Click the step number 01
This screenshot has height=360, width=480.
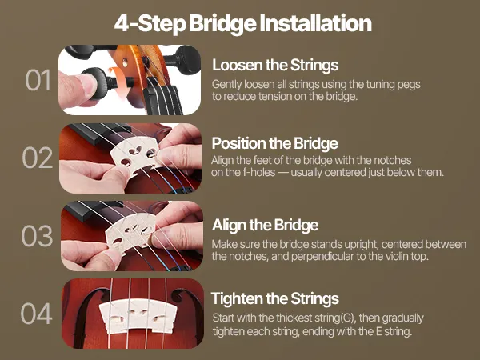pyautogui.click(x=38, y=80)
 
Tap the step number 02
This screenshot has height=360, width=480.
pyautogui.click(x=38, y=158)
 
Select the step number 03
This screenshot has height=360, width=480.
pyautogui.click(x=37, y=236)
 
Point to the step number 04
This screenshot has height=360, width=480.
pyautogui.click(x=37, y=314)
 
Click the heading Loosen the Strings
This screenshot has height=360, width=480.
pyautogui.click(x=275, y=66)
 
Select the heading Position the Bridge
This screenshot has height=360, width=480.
pyautogui.click(x=274, y=143)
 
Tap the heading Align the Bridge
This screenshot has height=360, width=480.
pyautogui.click(x=265, y=225)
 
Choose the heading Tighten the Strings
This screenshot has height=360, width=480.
pyautogui.click(x=275, y=298)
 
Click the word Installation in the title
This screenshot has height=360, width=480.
pyautogui.click(x=316, y=23)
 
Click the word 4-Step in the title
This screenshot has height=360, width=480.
pyautogui.click(x=150, y=24)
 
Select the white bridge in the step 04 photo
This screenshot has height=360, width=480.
pyautogui.click(x=138, y=317)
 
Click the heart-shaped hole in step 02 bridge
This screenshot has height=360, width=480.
pyautogui.click(x=136, y=150)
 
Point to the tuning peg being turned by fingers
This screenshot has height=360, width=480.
pyautogui.click(x=98, y=83)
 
